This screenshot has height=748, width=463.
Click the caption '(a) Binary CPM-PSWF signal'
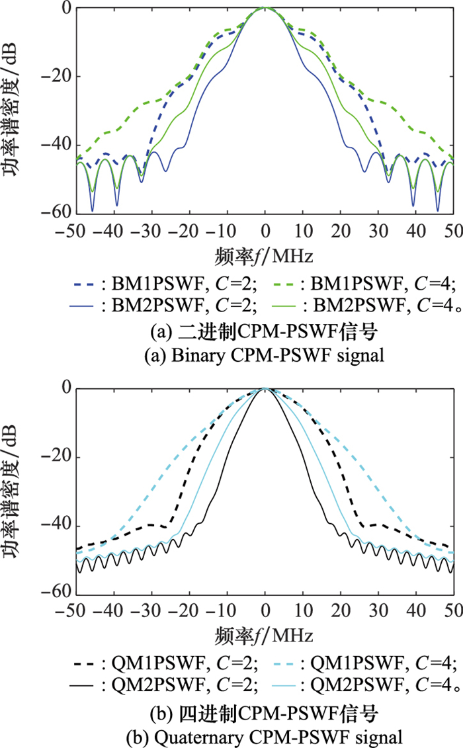pyautogui.click(x=265, y=355)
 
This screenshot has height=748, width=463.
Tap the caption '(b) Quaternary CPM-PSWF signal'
pyautogui.click(x=265, y=735)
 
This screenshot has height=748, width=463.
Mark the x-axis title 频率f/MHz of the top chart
pyautogui.click(x=264, y=255)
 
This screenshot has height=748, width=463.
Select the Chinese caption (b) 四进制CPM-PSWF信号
pyautogui.click(x=265, y=713)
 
